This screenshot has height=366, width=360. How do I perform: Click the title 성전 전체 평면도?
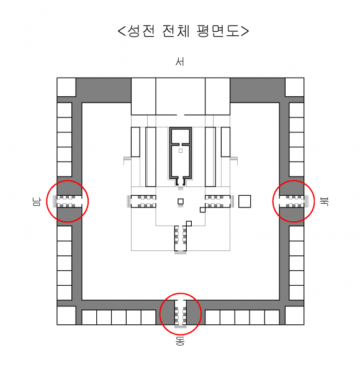[x=184, y=31]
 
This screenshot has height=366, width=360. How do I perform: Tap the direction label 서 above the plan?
[x=180, y=62]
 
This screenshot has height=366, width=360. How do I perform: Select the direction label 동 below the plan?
[x=180, y=341]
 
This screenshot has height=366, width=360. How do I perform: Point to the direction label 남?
[x=37, y=202]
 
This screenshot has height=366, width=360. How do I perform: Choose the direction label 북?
[x=325, y=201]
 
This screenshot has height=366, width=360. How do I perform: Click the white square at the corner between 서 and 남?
[x=66, y=87]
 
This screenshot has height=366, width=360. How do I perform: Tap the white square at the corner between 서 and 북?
[x=294, y=87]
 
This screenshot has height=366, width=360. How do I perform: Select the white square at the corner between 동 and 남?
[x=66, y=315]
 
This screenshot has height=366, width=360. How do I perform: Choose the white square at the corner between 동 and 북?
[x=294, y=315]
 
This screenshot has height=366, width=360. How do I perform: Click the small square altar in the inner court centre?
[x=181, y=201]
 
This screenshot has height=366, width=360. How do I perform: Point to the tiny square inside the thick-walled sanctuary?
[x=181, y=151]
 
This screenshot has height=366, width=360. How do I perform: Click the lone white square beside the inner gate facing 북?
[x=245, y=201]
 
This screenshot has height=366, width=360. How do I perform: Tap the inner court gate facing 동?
[x=181, y=239]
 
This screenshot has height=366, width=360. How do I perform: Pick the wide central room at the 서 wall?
[x=181, y=96]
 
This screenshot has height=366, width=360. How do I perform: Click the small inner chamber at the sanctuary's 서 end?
[x=181, y=136]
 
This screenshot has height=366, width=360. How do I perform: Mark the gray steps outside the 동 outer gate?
[x=181, y=327]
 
